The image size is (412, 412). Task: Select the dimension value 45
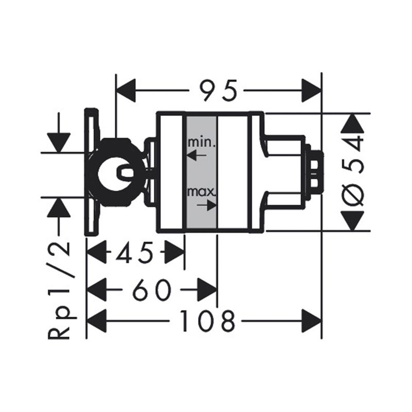[x=134, y=253]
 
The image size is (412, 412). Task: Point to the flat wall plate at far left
[x=91, y=171]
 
